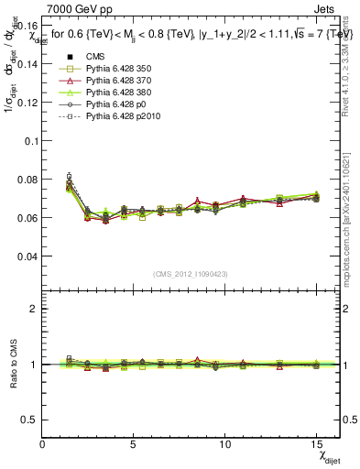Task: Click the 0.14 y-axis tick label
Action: point(27,64)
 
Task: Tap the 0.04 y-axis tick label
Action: point(27,256)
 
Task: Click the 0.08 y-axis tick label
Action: point(27,180)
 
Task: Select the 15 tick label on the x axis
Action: point(316,445)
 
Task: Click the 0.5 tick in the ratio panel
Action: point(29,420)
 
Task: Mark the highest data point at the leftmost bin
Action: point(69,176)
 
